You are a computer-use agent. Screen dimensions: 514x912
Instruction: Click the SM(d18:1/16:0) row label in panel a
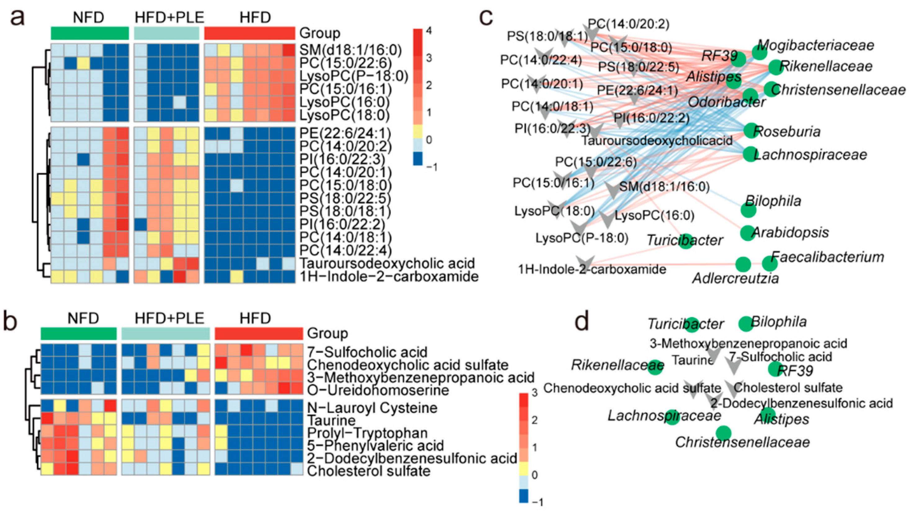351,50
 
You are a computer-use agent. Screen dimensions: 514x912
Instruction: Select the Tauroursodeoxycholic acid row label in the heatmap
387,263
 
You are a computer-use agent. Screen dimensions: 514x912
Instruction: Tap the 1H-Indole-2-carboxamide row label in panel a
389,276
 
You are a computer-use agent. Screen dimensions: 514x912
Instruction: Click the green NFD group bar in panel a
90,33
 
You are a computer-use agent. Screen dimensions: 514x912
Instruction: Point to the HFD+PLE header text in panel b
169,318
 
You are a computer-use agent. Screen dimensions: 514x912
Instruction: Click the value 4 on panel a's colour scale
429,31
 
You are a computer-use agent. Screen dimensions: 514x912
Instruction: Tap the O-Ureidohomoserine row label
378,390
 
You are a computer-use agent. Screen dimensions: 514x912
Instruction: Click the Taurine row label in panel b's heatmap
331,421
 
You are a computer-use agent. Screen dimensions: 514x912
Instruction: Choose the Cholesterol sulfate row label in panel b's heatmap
369,471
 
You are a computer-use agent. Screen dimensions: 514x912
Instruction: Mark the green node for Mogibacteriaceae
759,53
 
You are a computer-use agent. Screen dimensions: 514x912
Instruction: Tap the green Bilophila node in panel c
748,210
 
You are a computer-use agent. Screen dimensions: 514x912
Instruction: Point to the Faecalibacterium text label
827,257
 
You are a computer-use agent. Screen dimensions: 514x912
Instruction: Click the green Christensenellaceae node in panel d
723,433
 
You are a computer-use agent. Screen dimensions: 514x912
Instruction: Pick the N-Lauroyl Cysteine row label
372,408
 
